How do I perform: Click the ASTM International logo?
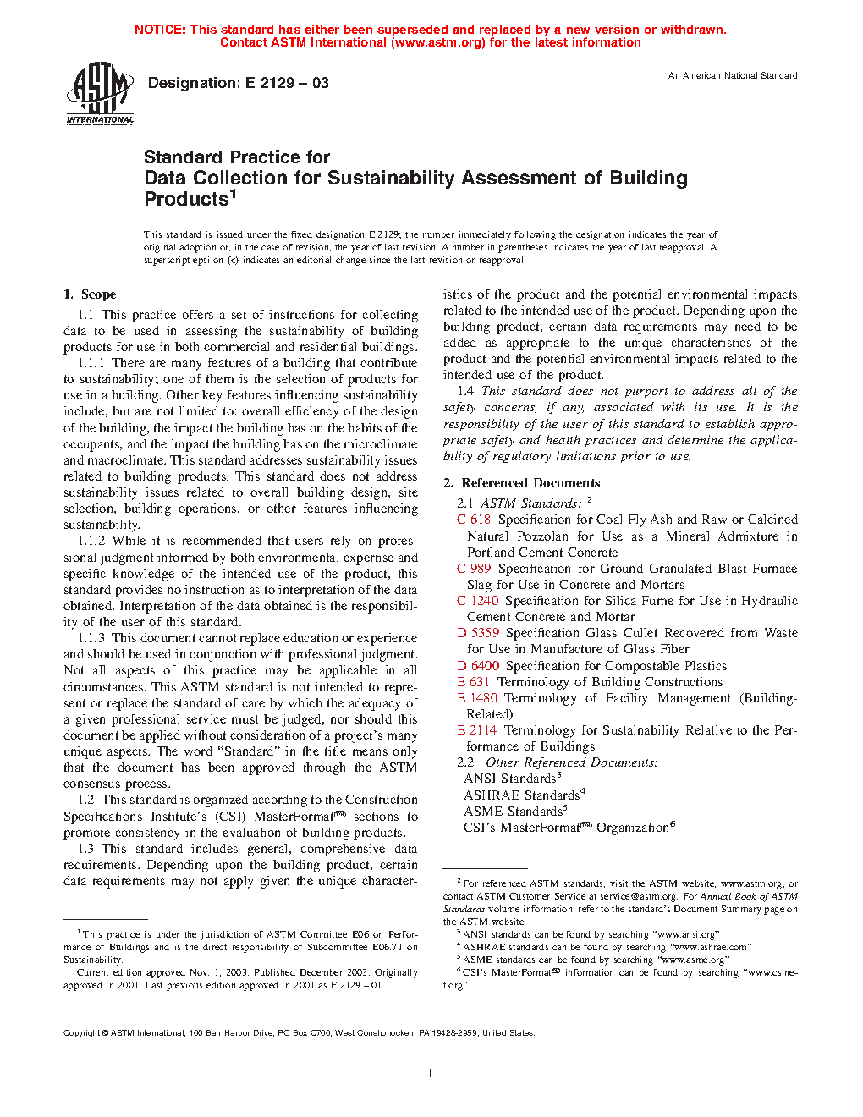(x=100, y=94)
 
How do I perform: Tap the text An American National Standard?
(x=733, y=75)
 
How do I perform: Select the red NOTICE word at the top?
(x=160, y=30)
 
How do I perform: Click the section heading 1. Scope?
(x=90, y=294)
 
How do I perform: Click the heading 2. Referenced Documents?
(x=521, y=483)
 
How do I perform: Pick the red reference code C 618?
(x=474, y=520)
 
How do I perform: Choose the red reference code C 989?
(x=474, y=569)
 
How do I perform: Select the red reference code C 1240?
(x=477, y=601)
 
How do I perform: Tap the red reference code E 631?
(x=474, y=682)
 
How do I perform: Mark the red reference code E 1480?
(x=477, y=698)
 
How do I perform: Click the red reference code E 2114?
(x=477, y=730)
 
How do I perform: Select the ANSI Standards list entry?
(x=510, y=779)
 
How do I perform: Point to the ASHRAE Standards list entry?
(x=522, y=795)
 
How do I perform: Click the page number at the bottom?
(x=431, y=1074)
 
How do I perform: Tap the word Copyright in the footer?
(x=82, y=1033)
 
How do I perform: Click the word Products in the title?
(x=186, y=200)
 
